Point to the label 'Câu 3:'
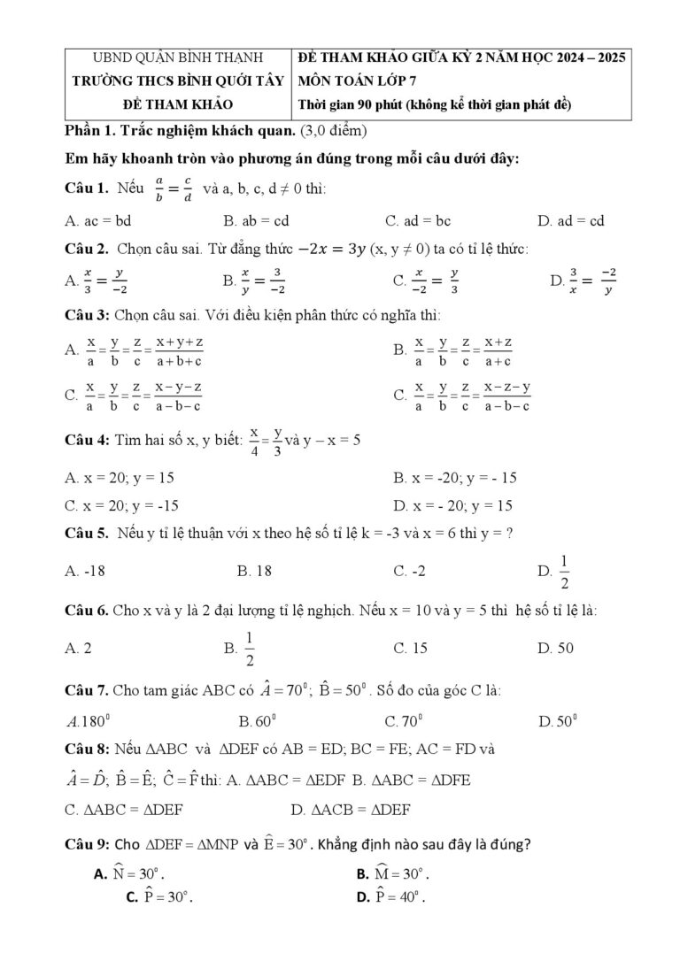tap(87, 314)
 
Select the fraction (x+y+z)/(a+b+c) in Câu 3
tap(179, 350)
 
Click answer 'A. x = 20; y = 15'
tap(120, 478)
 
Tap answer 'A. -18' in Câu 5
tap(85, 571)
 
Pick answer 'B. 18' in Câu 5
tap(254, 571)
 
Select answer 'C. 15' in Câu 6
tap(410, 649)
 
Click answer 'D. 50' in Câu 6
tap(555, 649)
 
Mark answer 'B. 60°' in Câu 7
tap(258, 721)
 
